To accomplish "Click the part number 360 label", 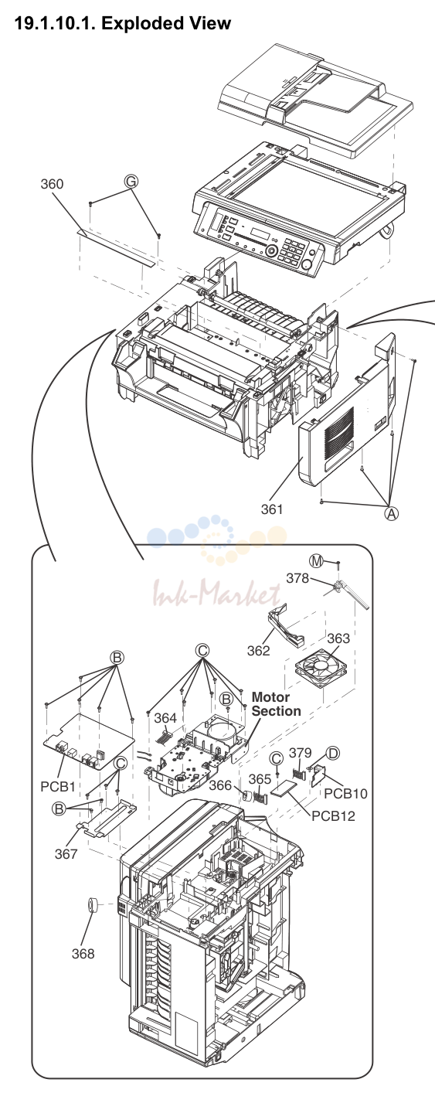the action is (52, 184).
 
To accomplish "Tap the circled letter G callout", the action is (131, 182).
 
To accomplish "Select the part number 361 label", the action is (272, 509).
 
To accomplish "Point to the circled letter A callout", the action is (392, 513).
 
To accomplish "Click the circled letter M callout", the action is (316, 561).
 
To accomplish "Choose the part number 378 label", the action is (297, 578).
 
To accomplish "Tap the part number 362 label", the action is (259, 651).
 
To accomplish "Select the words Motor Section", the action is (276, 704).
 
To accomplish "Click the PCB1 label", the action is (58, 787).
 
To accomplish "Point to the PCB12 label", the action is (333, 816).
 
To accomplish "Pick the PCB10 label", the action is (345, 794).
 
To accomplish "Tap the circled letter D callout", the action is (333, 753).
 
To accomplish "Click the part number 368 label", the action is (83, 954).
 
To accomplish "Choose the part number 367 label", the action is (66, 853).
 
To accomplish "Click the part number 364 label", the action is (165, 718).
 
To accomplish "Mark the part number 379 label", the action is (300, 753).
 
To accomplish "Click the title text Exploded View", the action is (166, 23).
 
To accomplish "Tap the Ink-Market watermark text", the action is (216, 594).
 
